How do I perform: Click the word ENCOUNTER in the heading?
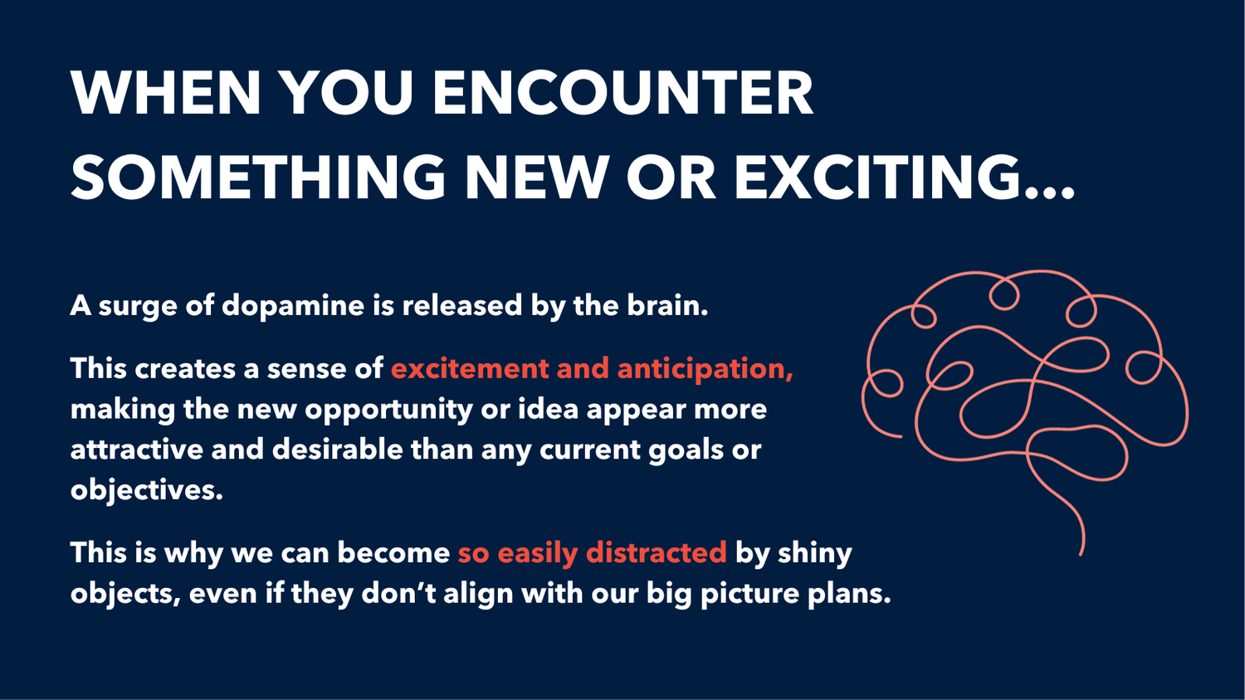[x=622, y=93]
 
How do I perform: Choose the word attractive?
[x=136, y=450]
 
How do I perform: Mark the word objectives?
[x=146, y=490]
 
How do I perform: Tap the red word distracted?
[x=656, y=552]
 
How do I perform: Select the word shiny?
[x=814, y=553]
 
